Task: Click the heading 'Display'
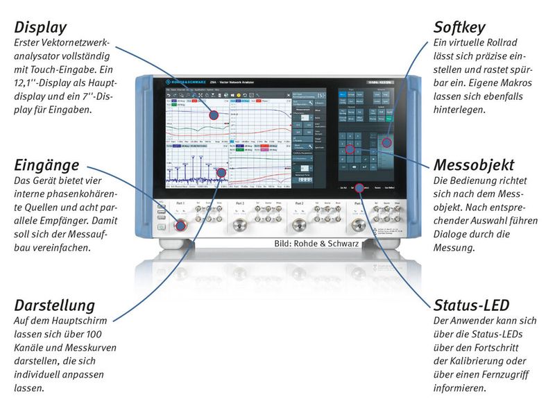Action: (x=40, y=28)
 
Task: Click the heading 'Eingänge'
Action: (x=46, y=165)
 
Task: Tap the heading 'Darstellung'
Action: (x=55, y=305)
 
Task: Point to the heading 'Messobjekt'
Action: (x=474, y=165)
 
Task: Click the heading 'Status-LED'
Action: (x=472, y=305)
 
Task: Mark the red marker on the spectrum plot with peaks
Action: (x=221, y=171)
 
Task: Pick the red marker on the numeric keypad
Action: (x=350, y=149)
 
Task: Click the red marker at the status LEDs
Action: (x=359, y=187)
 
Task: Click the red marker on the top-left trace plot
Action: (x=214, y=115)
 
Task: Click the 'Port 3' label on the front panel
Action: (x=240, y=203)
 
